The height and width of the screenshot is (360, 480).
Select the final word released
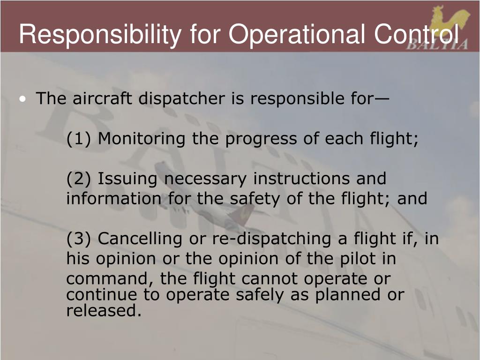coord(104,310)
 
